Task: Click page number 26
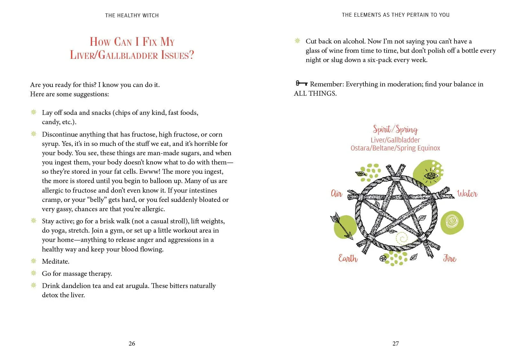point(132,343)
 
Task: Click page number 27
point(396,343)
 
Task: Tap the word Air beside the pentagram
point(336,194)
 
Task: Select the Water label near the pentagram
point(467,194)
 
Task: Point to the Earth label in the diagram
point(348,258)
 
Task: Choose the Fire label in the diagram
point(449,258)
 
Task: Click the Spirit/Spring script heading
point(395,129)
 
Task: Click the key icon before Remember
point(301,84)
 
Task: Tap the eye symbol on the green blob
point(429,176)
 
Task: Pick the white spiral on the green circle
point(452,221)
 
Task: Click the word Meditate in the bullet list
point(56,261)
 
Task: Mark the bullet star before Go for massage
point(34,273)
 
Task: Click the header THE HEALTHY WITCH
point(132,15)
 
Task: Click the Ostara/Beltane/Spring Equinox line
point(395,148)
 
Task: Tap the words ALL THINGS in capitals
point(315,93)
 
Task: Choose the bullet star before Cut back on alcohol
point(297,41)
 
